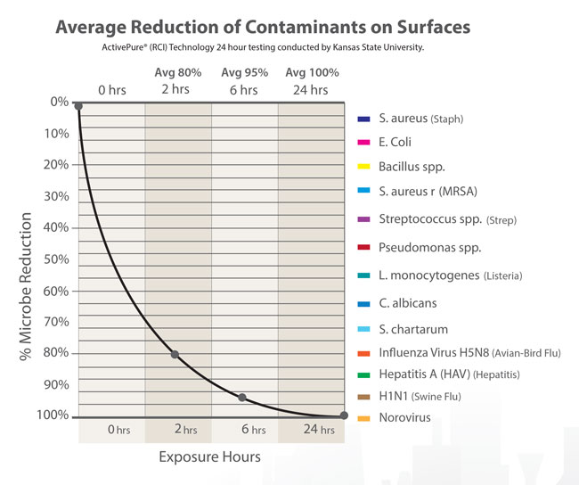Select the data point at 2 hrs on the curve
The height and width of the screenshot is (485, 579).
(175, 355)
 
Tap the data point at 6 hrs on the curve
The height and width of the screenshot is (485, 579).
(242, 397)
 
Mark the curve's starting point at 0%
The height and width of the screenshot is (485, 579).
(78, 106)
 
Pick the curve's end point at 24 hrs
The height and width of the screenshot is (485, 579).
(344, 415)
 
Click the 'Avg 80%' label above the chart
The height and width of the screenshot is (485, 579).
(177, 71)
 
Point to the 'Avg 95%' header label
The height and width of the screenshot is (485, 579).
(244, 71)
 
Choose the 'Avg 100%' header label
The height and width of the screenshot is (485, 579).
(311, 71)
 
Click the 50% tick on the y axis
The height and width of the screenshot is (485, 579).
(56, 259)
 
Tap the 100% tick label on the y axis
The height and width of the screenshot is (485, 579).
(53, 415)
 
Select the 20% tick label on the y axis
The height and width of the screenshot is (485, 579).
(56, 165)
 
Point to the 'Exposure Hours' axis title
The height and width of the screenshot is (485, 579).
(209, 457)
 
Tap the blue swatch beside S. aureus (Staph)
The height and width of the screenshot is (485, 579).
(363, 119)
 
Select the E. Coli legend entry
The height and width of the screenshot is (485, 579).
(395, 142)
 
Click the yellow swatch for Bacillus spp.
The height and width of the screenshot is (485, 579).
(363, 167)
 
